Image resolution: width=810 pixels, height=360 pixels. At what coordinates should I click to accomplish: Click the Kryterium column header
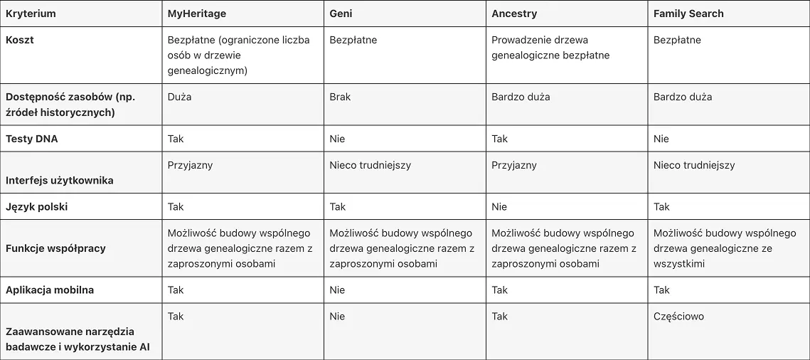31,14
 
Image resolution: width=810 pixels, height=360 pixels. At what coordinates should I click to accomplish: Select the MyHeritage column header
197,14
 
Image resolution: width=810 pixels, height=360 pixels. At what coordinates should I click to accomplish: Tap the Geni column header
341,14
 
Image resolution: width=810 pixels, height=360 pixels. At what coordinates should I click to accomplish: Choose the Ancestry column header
514,14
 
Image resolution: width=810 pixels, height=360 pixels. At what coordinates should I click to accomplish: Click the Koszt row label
20,40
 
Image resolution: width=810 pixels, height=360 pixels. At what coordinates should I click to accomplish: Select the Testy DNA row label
32,139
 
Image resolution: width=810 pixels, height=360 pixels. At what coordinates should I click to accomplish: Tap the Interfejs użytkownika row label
60,180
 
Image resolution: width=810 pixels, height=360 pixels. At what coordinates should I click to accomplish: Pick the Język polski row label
37,207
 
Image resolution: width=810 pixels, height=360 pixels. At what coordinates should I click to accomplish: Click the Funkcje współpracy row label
55,248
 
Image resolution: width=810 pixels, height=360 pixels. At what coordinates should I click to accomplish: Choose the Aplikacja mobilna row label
50,290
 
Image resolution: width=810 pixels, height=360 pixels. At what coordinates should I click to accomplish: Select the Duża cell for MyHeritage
179,97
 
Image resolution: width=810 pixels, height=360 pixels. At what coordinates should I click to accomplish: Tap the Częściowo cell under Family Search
678,316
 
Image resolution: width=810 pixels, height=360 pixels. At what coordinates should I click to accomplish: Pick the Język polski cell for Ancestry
499,207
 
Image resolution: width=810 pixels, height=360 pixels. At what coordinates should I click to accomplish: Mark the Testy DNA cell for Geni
337,139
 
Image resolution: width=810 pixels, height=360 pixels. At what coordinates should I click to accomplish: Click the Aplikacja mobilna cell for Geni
337,290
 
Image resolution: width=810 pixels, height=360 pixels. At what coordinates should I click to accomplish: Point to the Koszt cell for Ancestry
550,48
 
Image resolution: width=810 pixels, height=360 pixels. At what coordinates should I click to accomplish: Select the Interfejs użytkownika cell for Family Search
694,165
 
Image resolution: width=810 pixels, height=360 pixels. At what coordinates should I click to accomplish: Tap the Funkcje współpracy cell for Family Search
724,248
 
